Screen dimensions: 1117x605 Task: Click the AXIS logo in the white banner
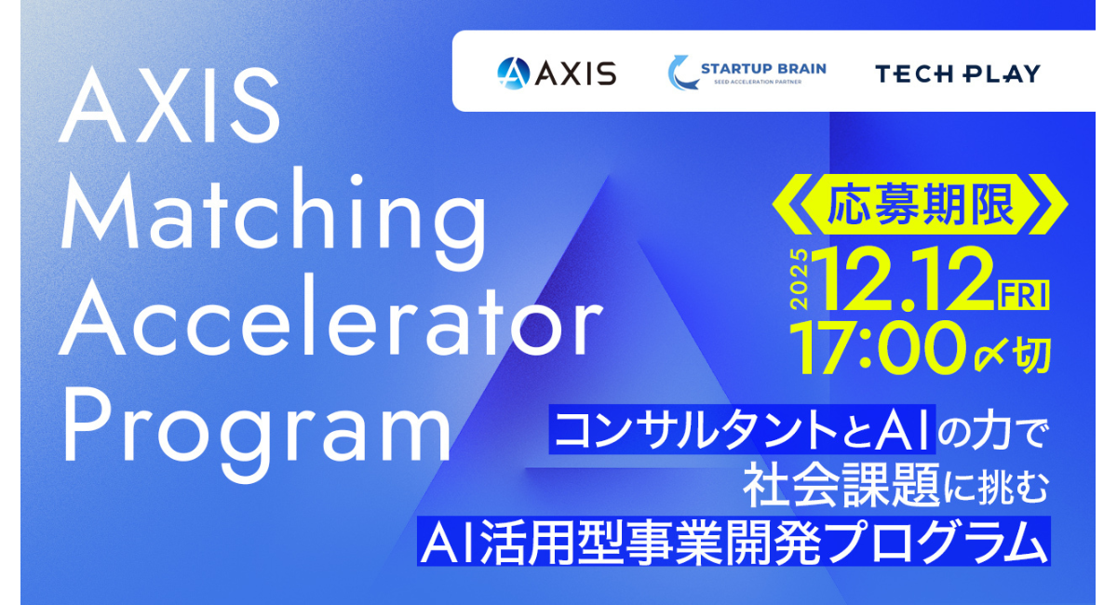pyautogui.click(x=557, y=73)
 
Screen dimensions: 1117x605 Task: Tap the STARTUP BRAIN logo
pyautogui.click(x=747, y=73)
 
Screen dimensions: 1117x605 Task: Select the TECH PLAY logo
pyautogui.click(x=958, y=74)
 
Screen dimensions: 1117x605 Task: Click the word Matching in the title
pyautogui.click(x=274, y=219)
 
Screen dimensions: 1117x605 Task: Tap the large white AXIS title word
pyautogui.click(x=169, y=105)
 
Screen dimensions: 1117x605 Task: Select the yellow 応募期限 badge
pyautogui.click(x=920, y=205)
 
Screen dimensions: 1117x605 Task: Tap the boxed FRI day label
pyautogui.click(x=1024, y=295)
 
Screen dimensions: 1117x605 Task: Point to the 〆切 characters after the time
pyautogui.click(x=1013, y=355)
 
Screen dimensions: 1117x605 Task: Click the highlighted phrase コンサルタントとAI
pyautogui.click(x=742, y=429)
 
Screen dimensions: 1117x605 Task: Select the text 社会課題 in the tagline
pyautogui.click(x=841, y=485)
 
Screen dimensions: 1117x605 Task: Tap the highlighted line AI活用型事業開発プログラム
pyautogui.click(x=733, y=541)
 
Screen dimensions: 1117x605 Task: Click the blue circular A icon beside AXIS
pyautogui.click(x=513, y=74)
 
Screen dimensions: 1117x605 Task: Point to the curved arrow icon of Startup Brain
pyautogui.click(x=681, y=73)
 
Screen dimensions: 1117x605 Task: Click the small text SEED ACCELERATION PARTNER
pyautogui.click(x=758, y=82)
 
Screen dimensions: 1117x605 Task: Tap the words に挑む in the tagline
pyautogui.click(x=996, y=485)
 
